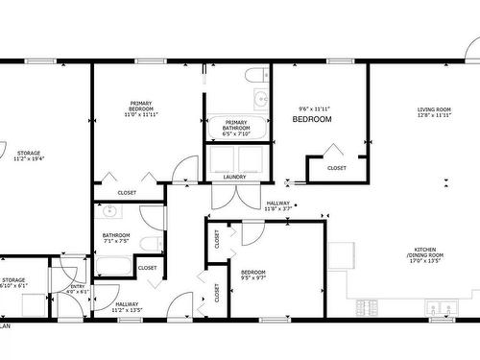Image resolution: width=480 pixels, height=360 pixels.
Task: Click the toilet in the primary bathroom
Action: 256,75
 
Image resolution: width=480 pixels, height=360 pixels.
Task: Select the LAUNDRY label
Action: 235,177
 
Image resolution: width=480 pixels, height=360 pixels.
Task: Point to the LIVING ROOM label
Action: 434,110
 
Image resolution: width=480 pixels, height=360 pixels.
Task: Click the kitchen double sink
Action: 443,308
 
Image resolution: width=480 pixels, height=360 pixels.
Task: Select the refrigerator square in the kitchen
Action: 341,254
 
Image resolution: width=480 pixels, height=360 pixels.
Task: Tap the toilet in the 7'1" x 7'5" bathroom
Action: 149,242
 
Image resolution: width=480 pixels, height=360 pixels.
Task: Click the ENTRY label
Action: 77,286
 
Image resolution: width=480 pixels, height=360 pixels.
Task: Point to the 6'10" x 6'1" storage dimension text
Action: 13,286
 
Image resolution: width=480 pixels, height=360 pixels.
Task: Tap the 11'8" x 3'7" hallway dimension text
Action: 278,208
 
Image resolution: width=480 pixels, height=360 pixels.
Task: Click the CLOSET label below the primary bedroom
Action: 127,192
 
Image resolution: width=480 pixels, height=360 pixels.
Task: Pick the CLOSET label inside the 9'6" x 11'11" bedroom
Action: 337,168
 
